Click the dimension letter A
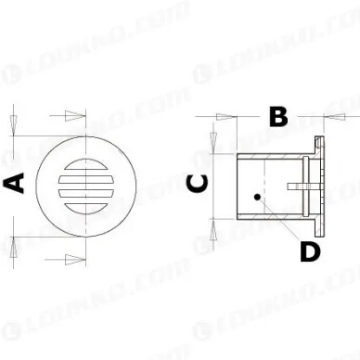click(x=15, y=183)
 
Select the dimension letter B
click(x=277, y=117)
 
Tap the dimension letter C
click(x=197, y=183)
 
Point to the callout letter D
click(x=310, y=250)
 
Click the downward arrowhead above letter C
click(x=212, y=136)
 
